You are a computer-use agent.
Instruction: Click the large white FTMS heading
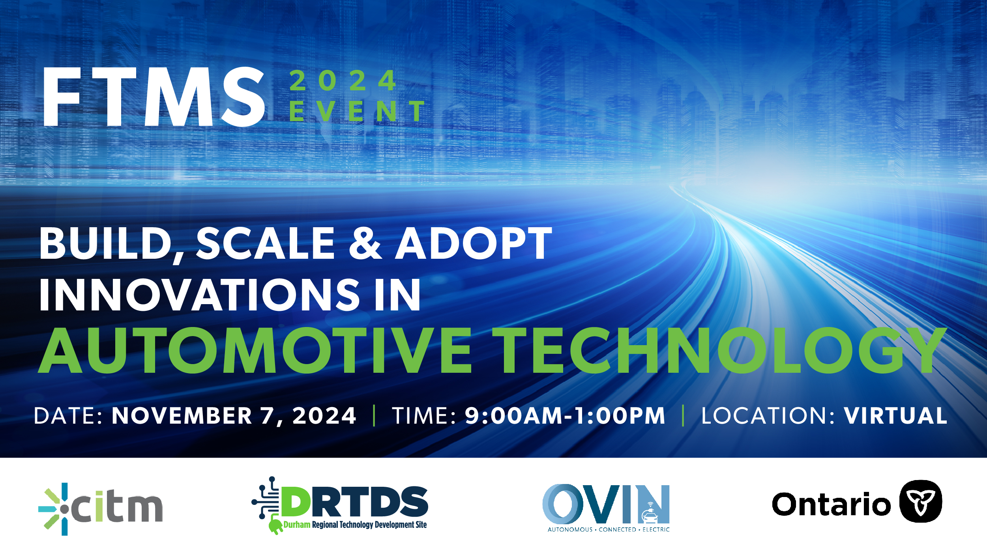click(154, 97)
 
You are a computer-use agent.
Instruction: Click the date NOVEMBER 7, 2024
click(234, 416)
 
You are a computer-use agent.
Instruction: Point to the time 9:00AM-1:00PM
click(565, 416)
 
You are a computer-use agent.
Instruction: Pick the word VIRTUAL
click(895, 416)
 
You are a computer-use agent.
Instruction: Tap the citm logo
click(101, 509)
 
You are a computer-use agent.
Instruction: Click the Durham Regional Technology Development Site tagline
click(355, 525)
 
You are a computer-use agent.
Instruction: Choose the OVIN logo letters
click(606, 504)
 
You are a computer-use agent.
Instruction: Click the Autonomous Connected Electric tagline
click(609, 530)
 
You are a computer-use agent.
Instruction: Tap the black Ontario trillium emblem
click(921, 501)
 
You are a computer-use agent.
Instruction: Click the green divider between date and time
click(374, 416)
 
